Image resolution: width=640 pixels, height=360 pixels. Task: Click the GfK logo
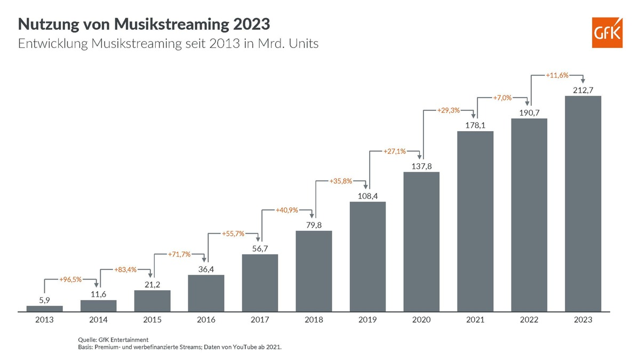click(607, 32)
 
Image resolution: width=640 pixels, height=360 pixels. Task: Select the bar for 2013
click(44, 308)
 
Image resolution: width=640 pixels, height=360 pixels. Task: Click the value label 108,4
click(367, 195)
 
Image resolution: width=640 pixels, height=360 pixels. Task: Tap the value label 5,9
click(45, 300)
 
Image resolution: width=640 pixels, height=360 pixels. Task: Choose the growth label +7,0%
click(502, 98)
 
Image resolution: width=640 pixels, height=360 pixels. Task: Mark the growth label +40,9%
click(286, 210)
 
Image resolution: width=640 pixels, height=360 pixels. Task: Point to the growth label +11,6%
click(556, 76)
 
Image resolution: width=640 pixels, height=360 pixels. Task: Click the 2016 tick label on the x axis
click(206, 319)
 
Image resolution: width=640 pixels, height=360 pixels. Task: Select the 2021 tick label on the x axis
click(475, 319)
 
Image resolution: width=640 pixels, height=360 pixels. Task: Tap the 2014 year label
click(99, 319)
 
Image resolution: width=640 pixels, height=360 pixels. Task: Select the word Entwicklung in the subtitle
click(52, 44)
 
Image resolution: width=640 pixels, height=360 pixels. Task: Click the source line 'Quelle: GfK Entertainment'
click(113, 340)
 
